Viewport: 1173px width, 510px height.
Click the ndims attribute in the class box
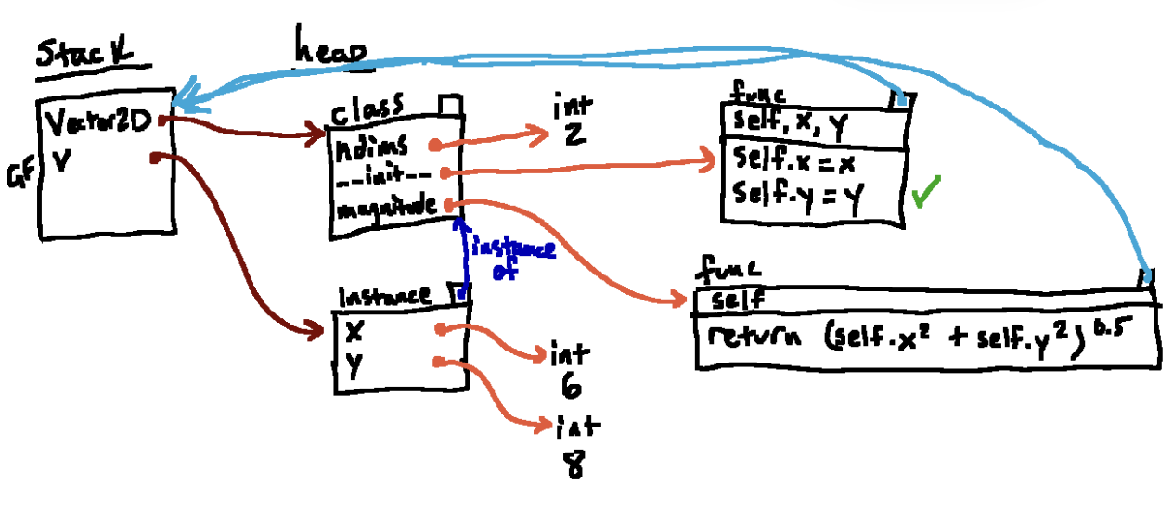point(370,146)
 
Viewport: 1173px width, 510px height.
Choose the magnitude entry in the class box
point(388,205)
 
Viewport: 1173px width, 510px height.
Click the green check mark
point(925,196)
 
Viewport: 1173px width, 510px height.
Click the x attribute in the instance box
point(354,329)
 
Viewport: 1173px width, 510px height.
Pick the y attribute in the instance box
point(354,364)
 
